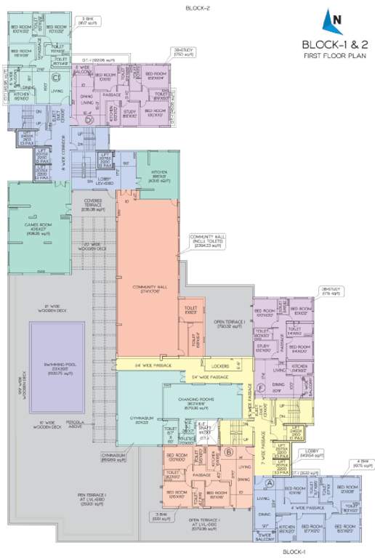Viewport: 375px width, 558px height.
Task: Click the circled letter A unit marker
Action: pyautogui.click(x=270, y=482)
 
